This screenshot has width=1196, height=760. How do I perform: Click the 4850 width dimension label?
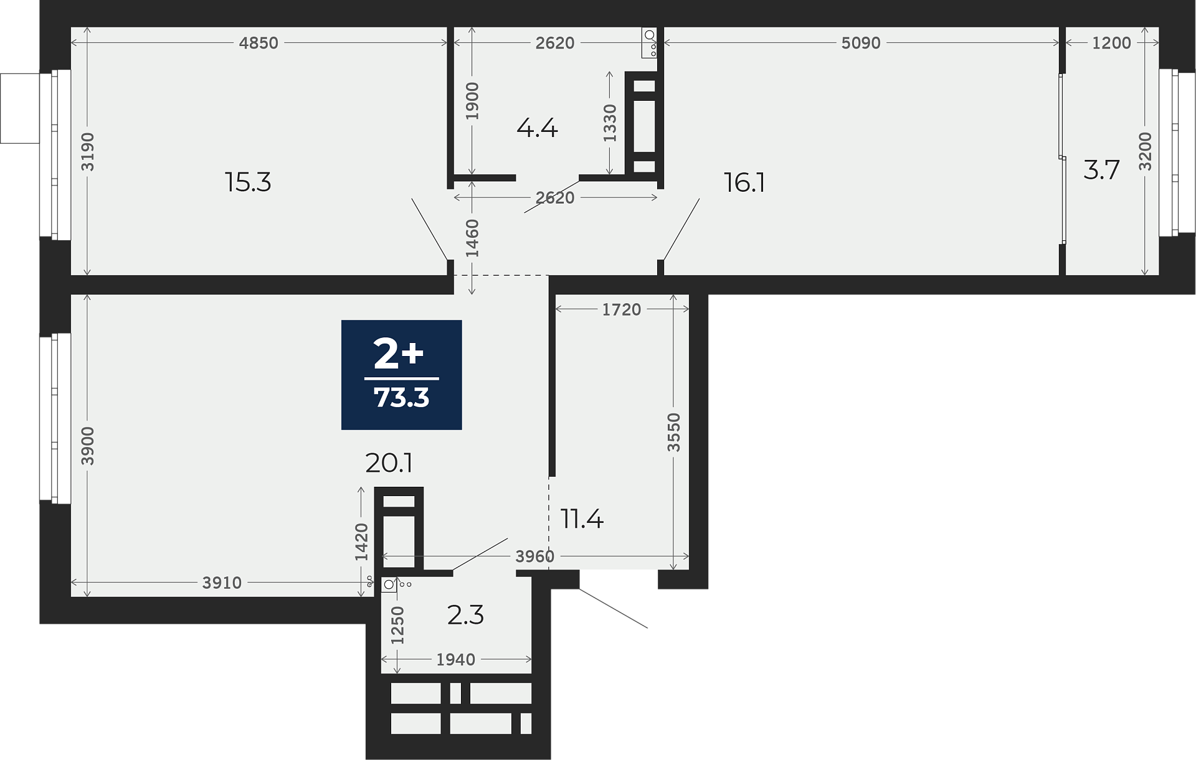pyautogui.click(x=259, y=43)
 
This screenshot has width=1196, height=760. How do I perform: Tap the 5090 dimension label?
pyautogui.click(x=861, y=43)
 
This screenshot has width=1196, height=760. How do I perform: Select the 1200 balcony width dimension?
pyautogui.click(x=1112, y=43)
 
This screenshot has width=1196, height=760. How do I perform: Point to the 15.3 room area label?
pyautogui.click(x=248, y=182)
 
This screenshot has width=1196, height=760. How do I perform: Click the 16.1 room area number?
pyautogui.click(x=744, y=182)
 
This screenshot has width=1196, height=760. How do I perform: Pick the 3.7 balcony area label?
pyautogui.click(x=1101, y=169)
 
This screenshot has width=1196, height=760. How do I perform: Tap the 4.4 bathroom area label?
pyautogui.click(x=537, y=128)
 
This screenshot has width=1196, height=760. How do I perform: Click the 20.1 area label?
pyautogui.click(x=389, y=462)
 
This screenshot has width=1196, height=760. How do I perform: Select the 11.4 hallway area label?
pyautogui.click(x=582, y=518)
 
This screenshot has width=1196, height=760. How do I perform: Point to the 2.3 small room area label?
pyautogui.click(x=465, y=615)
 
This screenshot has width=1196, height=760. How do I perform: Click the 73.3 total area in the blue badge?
pyautogui.click(x=401, y=397)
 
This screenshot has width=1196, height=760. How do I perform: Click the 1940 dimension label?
pyautogui.click(x=456, y=660)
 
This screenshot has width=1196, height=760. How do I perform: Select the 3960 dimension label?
pyautogui.click(x=534, y=556)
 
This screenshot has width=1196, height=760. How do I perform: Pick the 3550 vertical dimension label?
pyautogui.click(x=674, y=432)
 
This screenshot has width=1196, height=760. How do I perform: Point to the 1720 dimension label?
pyautogui.click(x=622, y=309)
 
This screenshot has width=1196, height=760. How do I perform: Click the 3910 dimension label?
pyautogui.click(x=222, y=583)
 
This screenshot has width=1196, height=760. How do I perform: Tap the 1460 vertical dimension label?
pyautogui.click(x=472, y=238)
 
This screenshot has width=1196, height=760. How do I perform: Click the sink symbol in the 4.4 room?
pyautogui.click(x=649, y=43)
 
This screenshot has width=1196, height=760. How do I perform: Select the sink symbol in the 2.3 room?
pyautogui.click(x=396, y=584)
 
